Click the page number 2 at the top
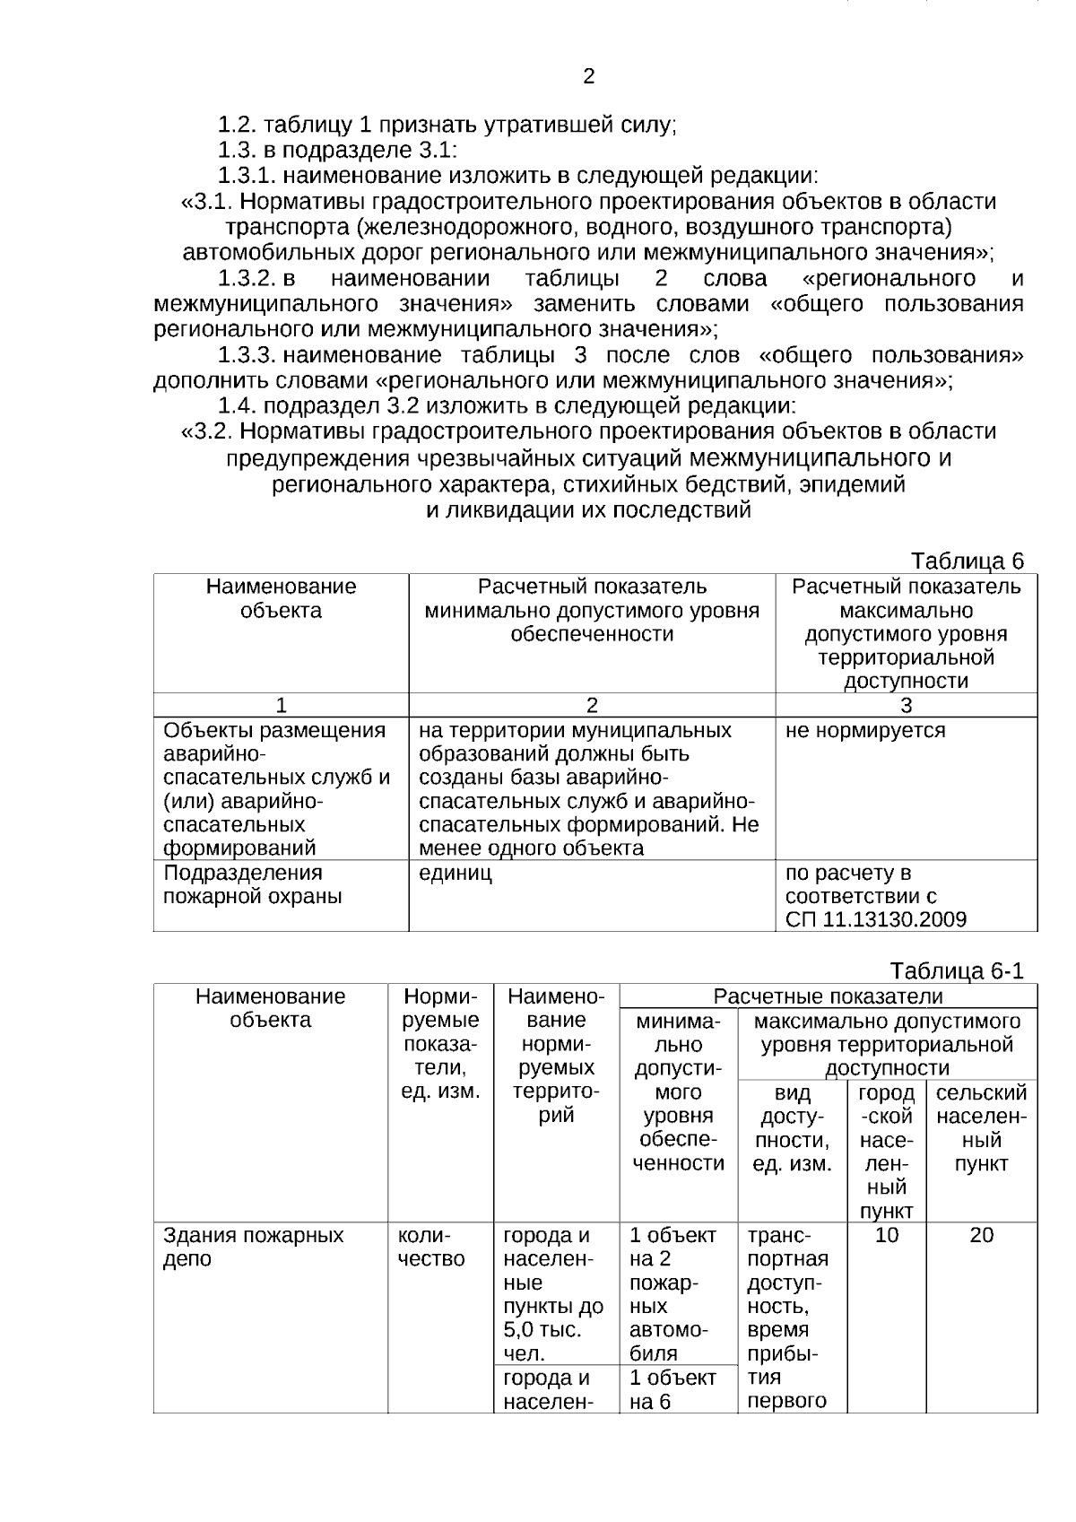(x=588, y=77)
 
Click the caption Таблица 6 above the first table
(x=967, y=561)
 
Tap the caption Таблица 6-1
(x=957, y=971)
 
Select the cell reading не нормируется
(x=864, y=730)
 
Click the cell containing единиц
(x=456, y=873)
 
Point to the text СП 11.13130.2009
(x=875, y=919)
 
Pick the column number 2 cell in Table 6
(x=592, y=705)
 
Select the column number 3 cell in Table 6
(x=906, y=705)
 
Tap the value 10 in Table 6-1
(x=886, y=1235)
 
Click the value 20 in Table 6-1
(x=981, y=1235)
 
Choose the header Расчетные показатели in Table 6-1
(x=828, y=996)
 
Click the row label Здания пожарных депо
(x=253, y=1247)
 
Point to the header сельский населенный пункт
(x=981, y=1128)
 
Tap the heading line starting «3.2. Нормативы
(x=588, y=431)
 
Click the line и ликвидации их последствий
(x=587, y=510)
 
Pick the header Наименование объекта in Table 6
(x=281, y=598)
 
